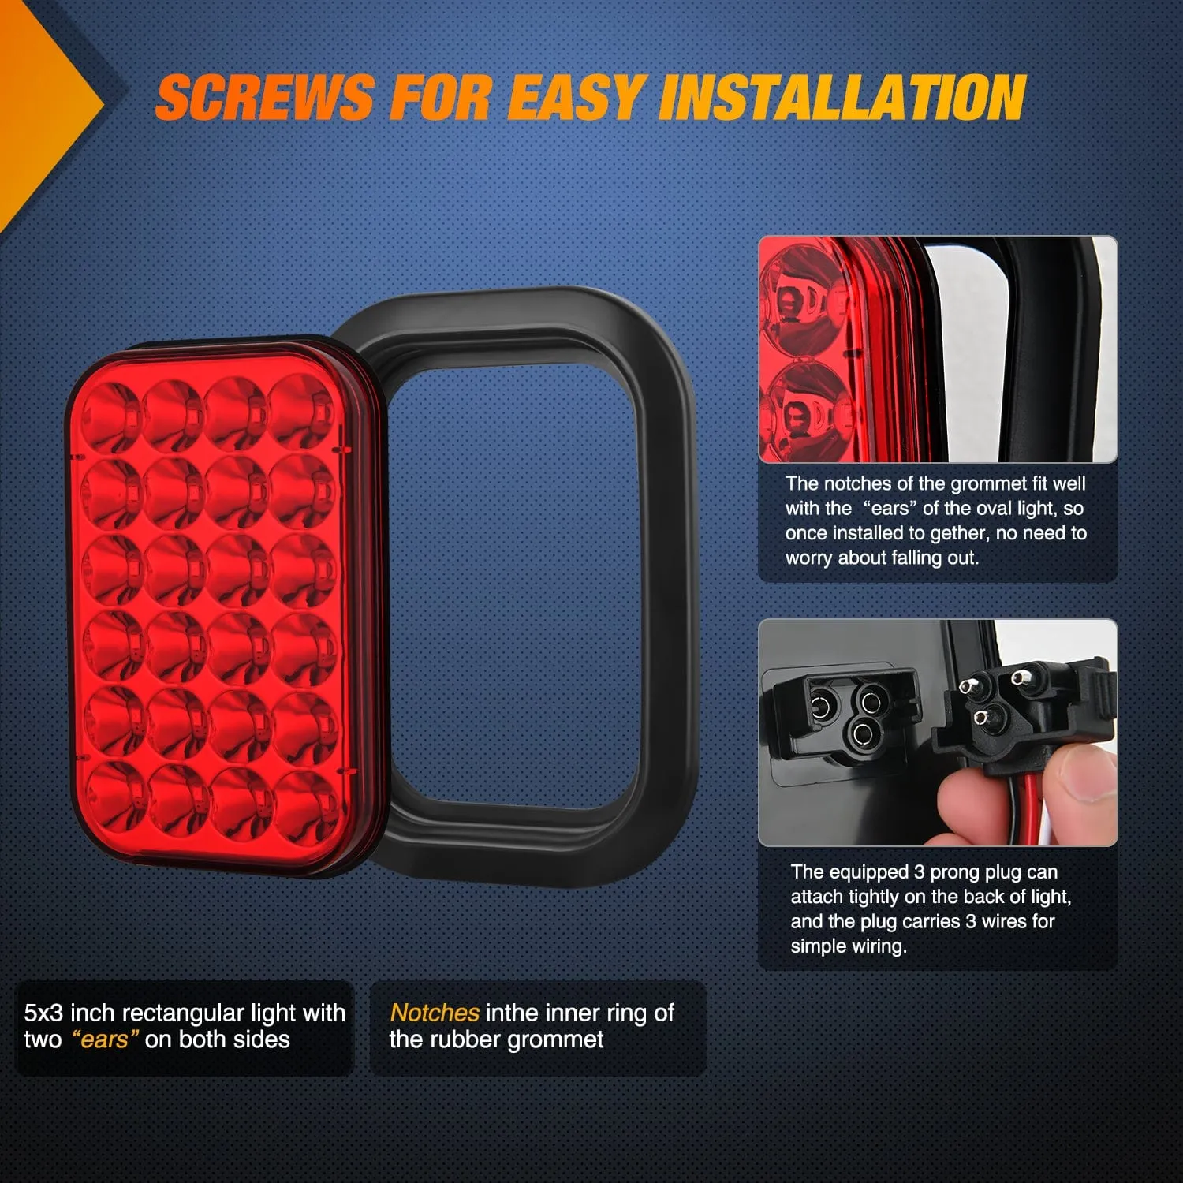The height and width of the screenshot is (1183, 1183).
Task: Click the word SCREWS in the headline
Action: (x=264, y=98)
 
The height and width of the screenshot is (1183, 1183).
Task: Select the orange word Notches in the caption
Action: (x=435, y=1013)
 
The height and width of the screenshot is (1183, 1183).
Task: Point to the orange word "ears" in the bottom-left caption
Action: (x=105, y=1039)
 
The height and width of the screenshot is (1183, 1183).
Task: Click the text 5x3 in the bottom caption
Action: (x=43, y=1013)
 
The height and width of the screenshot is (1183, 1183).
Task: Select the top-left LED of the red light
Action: (x=110, y=413)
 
